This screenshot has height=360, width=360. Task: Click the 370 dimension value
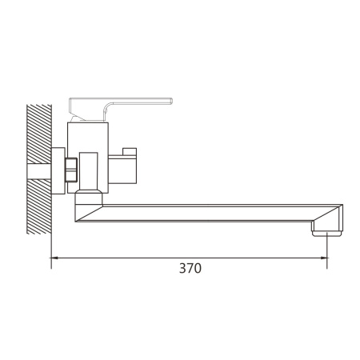click(190, 268)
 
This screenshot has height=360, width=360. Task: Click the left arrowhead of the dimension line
click(54, 258)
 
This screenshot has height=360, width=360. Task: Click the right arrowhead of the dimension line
click(324, 258)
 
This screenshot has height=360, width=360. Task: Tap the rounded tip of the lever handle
click(170, 101)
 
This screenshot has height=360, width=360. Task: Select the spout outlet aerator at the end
click(327, 234)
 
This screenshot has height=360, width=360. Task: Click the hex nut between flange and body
click(71, 170)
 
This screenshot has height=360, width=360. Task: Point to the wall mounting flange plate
click(58, 170)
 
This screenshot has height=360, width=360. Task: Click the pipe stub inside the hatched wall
click(39, 171)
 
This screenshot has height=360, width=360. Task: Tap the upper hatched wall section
click(39, 134)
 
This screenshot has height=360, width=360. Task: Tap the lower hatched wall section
click(39, 206)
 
